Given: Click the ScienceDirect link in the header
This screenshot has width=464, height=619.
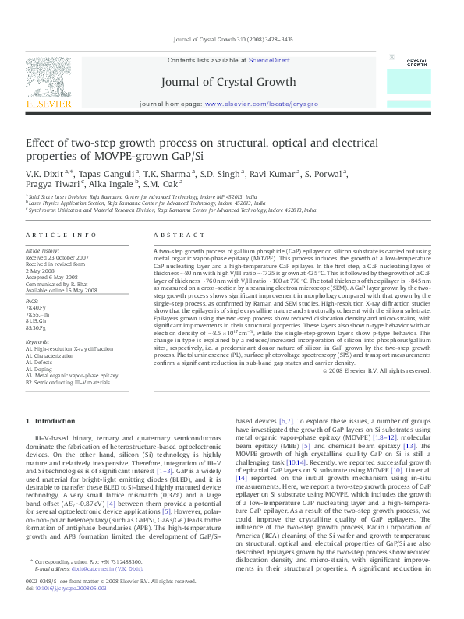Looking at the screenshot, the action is pyautogui.click(x=269, y=60).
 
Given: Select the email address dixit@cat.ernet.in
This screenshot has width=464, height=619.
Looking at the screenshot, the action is pyautogui.click(x=94, y=590).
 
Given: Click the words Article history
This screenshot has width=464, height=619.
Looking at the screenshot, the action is pyautogui.click(x=44, y=251).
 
